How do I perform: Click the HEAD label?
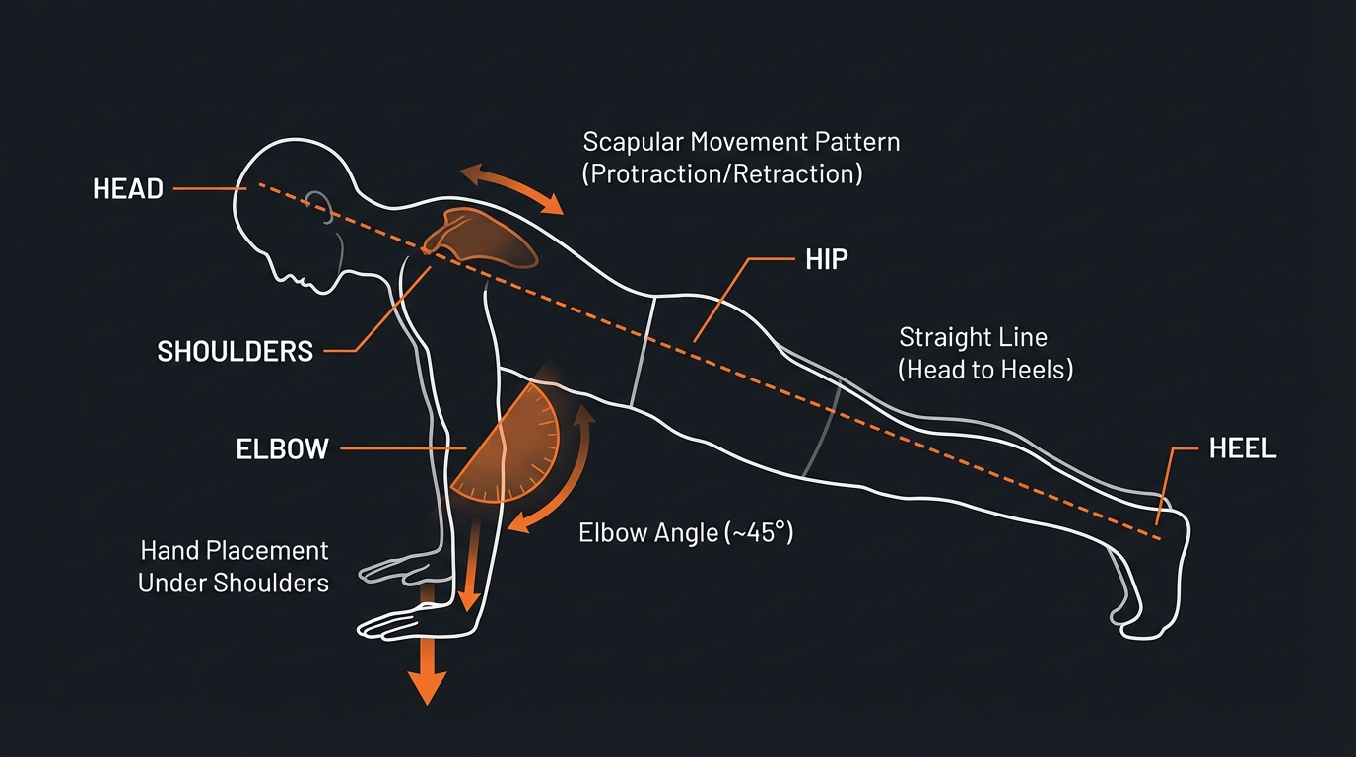click(x=128, y=189)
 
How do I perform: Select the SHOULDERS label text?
click(x=236, y=350)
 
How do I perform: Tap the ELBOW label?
click(x=282, y=449)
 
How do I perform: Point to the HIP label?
click(x=827, y=260)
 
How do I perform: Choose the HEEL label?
click(x=1243, y=448)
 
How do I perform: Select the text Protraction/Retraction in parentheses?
click(x=722, y=174)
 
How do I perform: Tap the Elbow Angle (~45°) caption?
click(x=686, y=533)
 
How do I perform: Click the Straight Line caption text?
click(x=973, y=337)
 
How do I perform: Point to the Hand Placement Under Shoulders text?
click(x=234, y=566)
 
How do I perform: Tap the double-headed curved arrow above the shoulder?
click(x=512, y=187)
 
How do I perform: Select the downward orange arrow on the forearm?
click(x=472, y=572)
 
